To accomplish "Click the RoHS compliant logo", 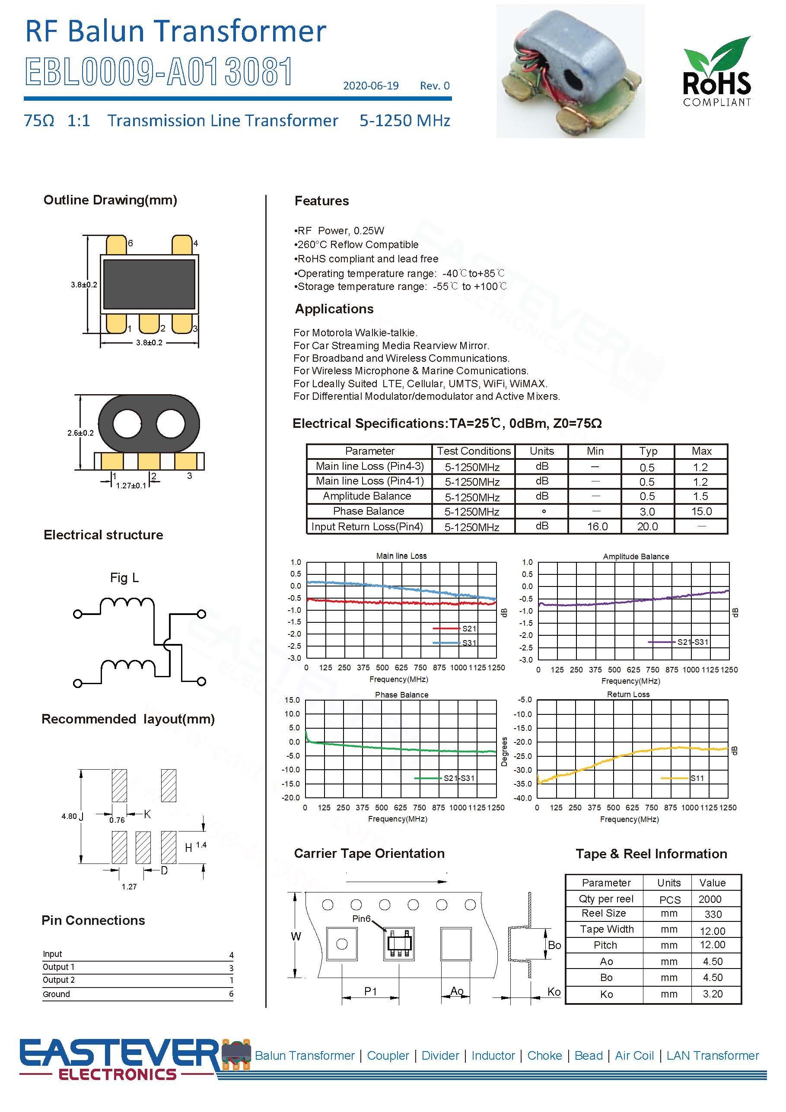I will coord(716,72).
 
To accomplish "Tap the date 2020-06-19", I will coord(370,86).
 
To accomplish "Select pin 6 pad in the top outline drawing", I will coord(116,244).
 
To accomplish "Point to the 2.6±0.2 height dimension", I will coord(80,433).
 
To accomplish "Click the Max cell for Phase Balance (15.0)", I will coord(701,511).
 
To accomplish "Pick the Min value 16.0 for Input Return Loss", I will coord(597,526).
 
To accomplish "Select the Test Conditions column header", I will coord(473,451).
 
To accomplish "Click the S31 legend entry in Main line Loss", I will coord(468,643).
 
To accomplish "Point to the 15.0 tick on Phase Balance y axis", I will coord(292,700).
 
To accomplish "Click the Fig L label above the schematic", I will coord(124,577).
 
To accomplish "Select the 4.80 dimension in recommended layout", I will coord(69,816).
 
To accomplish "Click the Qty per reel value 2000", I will coord(710,899).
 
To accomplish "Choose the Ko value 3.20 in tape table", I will coord(713,994).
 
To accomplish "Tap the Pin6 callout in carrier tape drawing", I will coord(361,918).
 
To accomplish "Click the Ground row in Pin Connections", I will coord(57,994).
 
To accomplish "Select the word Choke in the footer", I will coord(544,1055).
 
